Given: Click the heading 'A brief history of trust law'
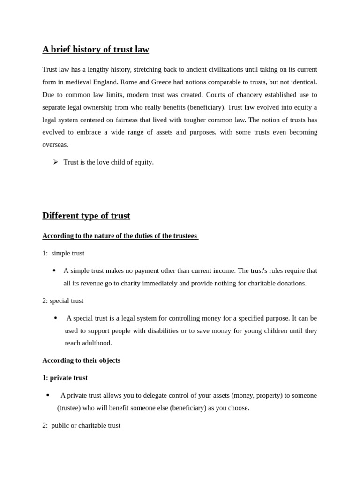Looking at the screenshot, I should point(96,50).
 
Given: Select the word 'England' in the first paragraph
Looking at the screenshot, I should point(105,82).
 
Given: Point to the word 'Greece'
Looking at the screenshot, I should point(168,82).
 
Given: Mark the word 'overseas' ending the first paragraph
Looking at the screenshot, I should point(55,145).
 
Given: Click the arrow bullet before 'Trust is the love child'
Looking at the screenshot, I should point(55,162).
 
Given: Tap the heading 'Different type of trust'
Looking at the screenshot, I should point(86,216).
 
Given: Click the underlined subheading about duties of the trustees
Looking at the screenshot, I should point(120,236).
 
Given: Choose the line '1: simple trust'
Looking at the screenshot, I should point(63,254).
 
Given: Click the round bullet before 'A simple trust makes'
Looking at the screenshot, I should point(54,270).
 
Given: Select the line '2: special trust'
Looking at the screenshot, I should point(63,301).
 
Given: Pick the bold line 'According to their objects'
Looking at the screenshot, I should point(81,360).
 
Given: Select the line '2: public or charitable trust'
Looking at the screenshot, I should point(81,426).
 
